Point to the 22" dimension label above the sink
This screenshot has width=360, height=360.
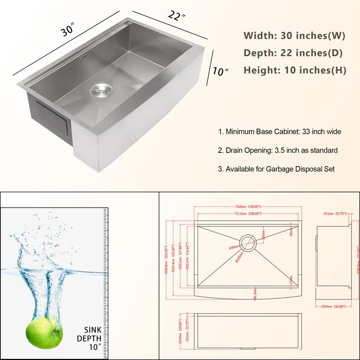[176, 16]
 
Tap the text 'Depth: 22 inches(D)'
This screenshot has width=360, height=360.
[293, 53]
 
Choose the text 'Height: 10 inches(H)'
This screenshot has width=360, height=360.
[295, 70]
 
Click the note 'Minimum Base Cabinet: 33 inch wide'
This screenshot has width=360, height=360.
[279, 132]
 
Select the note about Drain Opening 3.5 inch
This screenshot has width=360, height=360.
[278, 150]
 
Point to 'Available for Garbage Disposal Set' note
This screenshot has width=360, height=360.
[276, 169]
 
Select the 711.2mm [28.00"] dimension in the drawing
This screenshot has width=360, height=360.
[247, 213]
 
